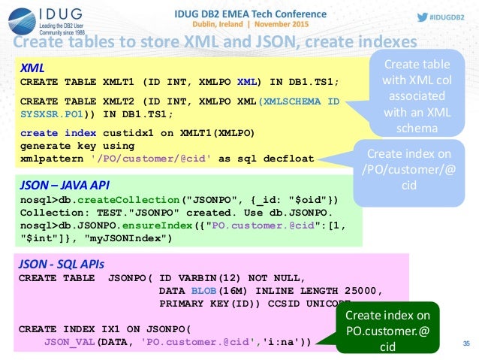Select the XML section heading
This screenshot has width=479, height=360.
click(31, 68)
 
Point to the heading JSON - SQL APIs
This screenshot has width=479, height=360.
click(61, 264)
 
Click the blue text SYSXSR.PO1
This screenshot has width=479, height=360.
click(53, 114)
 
